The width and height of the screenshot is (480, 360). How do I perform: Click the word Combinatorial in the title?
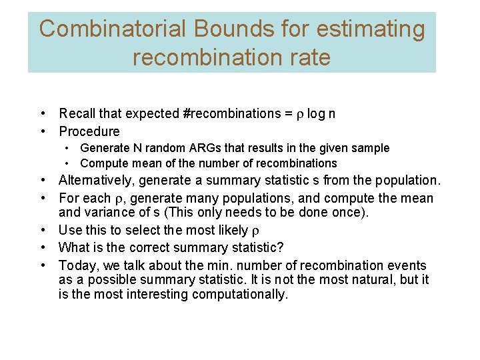point(112,29)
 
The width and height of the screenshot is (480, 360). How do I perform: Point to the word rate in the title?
point(311,57)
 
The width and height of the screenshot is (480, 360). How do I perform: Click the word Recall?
point(77,114)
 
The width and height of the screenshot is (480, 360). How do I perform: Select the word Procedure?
point(89,131)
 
